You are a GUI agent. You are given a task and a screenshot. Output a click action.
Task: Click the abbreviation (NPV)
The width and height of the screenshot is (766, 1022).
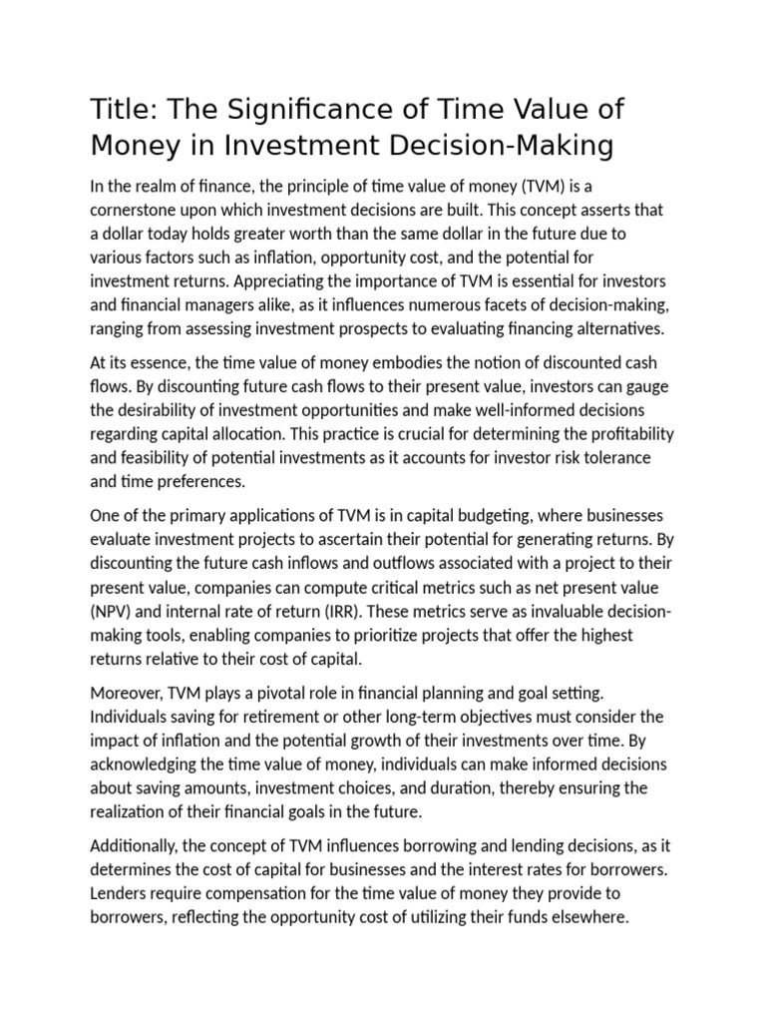coord(115,611)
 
